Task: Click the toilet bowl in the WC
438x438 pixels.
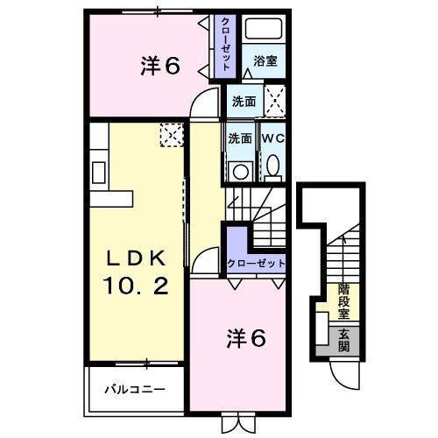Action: [272, 165]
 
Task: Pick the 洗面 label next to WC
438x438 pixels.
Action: [239, 138]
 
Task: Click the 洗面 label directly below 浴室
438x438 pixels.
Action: [244, 101]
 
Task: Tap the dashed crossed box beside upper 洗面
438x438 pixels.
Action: [275, 99]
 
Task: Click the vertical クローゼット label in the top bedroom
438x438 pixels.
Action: [225, 45]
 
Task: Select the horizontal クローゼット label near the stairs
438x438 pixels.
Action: [256, 263]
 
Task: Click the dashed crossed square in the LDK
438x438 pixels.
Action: [169, 133]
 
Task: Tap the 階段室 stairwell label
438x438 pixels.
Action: [344, 300]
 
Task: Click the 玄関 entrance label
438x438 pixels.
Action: [344, 339]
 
